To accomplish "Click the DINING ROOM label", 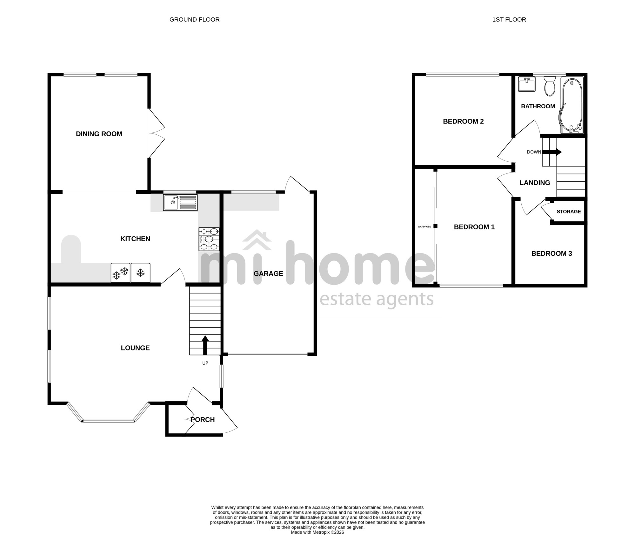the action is click(x=99, y=134).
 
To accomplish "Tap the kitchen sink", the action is click(x=180, y=202).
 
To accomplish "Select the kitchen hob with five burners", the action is click(x=209, y=239).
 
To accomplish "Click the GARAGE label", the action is click(x=268, y=274).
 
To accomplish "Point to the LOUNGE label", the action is click(x=135, y=348).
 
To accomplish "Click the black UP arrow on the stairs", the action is click(x=205, y=345).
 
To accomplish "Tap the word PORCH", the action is click(x=203, y=420).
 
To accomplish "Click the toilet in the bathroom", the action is click(x=549, y=86).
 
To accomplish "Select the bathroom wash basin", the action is click(x=527, y=84).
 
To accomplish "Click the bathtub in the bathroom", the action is click(x=572, y=105).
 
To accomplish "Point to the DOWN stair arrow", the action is click(x=552, y=152).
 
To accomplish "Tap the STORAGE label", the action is click(x=569, y=212).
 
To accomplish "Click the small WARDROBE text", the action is click(x=424, y=227).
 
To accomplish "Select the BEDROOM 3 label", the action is click(x=551, y=254).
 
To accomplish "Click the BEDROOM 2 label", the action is click(x=463, y=121).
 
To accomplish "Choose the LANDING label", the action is click(x=535, y=183).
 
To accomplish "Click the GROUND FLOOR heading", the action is click(x=194, y=20).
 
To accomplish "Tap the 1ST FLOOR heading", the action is click(x=509, y=20).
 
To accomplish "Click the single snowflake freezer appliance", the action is click(x=141, y=273).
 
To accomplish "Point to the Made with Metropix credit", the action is click(x=317, y=532).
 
